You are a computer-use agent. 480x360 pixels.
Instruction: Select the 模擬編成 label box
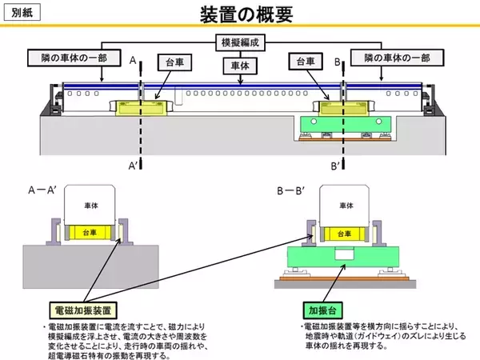(x=240, y=42)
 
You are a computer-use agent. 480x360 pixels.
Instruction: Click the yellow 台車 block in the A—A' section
(x=90, y=233)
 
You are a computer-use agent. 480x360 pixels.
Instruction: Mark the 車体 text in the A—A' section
(x=90, y=205)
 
